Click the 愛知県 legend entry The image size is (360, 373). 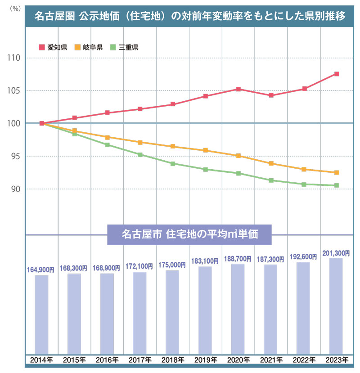54,47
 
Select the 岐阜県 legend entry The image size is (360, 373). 89,47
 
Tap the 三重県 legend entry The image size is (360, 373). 125,47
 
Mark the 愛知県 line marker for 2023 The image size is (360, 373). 336,74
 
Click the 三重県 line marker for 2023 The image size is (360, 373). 336,185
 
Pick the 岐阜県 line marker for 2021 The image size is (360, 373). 271,163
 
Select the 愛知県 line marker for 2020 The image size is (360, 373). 238,89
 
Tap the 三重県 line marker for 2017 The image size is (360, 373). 140,155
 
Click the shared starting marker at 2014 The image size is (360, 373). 42,123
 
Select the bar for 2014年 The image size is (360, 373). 41,314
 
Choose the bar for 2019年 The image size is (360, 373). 205,310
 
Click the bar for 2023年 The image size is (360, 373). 336,306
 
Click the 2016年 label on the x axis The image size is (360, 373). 107,360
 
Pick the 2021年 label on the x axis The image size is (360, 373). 271,360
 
